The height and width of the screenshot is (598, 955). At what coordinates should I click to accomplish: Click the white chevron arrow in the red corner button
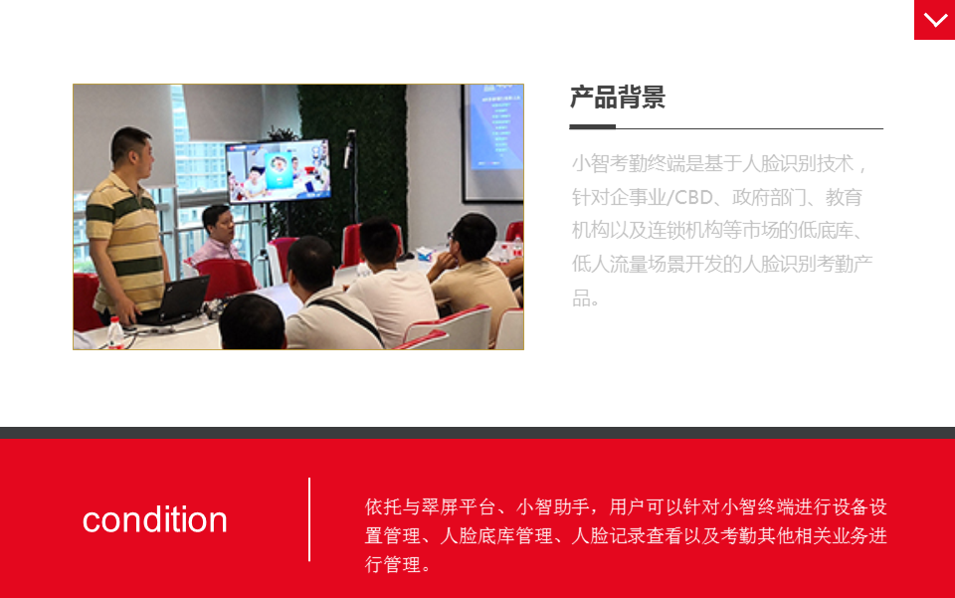935,20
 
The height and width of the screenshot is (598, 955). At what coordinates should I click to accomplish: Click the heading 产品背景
618,98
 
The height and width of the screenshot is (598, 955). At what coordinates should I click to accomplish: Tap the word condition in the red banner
155,520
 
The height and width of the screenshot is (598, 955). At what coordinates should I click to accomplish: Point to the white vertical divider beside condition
309,519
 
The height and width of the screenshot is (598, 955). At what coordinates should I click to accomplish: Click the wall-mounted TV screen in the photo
279,171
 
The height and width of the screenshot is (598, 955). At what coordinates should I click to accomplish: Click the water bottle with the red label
115,332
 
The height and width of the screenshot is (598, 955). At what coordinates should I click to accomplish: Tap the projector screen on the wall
493,142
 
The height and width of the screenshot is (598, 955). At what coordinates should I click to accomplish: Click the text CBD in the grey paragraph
693,197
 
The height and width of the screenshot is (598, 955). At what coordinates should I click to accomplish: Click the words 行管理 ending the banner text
393,564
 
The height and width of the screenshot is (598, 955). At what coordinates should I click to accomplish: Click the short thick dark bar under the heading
592,126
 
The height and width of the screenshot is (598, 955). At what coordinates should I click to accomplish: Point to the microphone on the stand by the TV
349,147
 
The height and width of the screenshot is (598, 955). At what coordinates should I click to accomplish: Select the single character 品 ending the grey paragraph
580,298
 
